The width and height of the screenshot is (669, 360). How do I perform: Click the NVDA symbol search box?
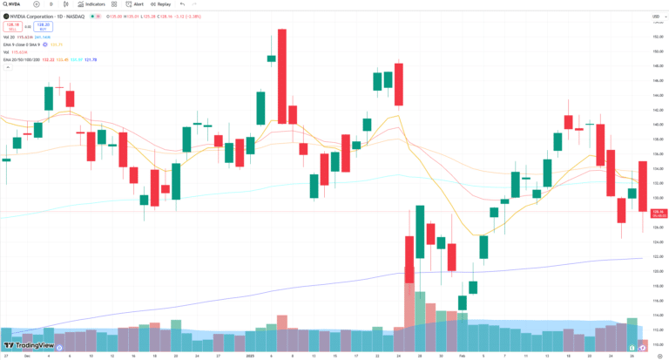(16, 4)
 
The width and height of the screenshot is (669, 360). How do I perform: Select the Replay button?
(161, 4)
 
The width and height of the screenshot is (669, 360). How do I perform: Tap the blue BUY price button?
(43, 26)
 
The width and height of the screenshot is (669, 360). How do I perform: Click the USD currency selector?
(654, 15)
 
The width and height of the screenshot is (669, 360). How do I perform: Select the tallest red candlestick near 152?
(282, 77)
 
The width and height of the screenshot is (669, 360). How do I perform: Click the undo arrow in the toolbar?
(182, 4)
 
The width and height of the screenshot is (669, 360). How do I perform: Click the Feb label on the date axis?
(462, 356)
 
